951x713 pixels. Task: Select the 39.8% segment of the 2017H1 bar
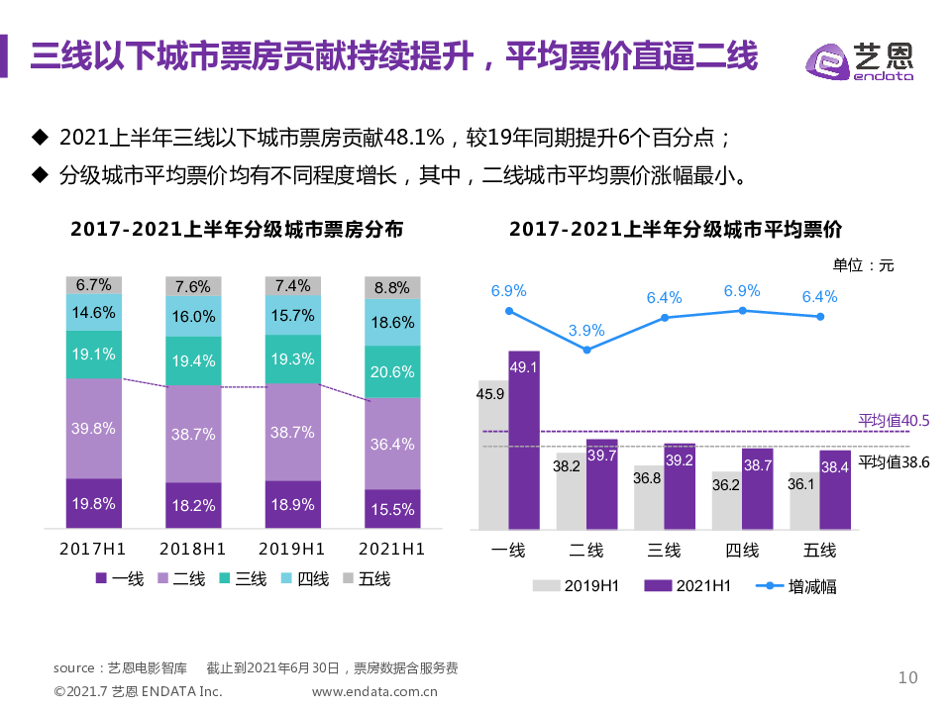94,428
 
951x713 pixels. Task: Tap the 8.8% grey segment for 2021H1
392,288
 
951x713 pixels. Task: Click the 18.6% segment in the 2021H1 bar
392,323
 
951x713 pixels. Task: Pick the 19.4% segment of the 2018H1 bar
193,361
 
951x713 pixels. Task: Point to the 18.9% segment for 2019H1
293,504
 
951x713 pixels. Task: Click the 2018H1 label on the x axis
193,549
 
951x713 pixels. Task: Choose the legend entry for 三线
243,579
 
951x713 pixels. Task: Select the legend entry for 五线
366,579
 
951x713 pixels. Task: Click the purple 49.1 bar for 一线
524,440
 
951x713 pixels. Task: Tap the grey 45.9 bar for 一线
492,455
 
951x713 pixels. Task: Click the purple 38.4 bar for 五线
835,490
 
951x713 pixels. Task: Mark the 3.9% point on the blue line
587,350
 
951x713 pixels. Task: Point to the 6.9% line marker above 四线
742,311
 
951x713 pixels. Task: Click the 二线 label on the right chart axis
586,550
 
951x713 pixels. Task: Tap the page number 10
907,677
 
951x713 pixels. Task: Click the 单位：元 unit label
863,264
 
